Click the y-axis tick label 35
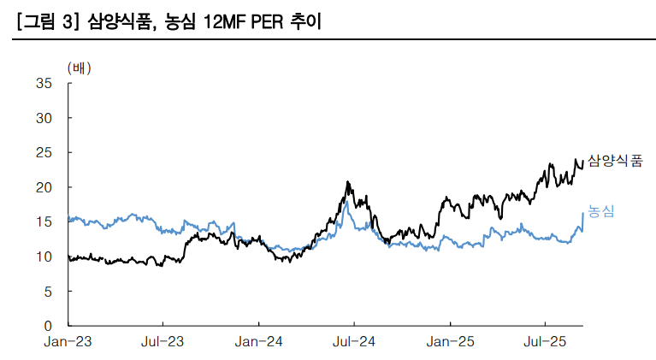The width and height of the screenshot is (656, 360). click(44, 83)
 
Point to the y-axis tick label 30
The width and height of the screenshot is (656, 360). click(44, 118)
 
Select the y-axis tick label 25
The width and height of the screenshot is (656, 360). click(44, 152)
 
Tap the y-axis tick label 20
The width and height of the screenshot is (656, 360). click(44, 187)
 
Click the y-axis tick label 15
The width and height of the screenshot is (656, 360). click(44, 221)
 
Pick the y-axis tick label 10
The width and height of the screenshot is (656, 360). click(44, 257)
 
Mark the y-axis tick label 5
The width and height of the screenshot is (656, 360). click(48, 292)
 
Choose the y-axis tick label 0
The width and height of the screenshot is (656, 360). click(48, 326)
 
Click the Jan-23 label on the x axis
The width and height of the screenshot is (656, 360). click(68, 342)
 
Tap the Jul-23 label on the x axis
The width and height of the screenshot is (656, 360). click(163, 342)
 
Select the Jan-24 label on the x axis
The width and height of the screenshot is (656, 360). click(259, 342)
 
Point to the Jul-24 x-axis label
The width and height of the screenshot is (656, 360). click(354, 342)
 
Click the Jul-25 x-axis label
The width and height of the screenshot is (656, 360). click(546, 342)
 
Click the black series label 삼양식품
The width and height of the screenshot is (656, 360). click(614, 161)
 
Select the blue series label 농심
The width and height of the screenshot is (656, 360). click(601, 211)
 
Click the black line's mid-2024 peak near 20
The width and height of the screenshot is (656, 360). click(347, 182)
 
